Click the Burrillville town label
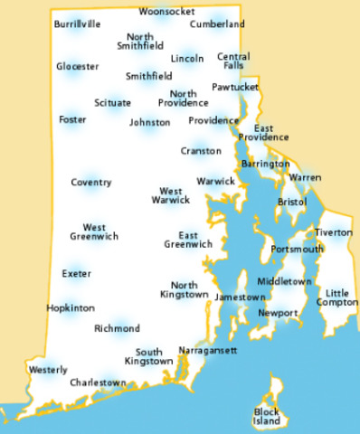click(x=77, y=24)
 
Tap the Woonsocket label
click(x=166, y=12)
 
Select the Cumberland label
click(x=218, y=24)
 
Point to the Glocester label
click(x=77, y=67)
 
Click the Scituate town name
click(x=111, y=103)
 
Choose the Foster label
click(x=72, y=119)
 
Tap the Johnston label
click(x=149, y=122)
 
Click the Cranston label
click(x=200, y=150)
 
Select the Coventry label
click(x=90, y=183)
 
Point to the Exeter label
click(x=77, y=273)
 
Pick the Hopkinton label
click(x=71, y=308)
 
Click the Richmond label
click(x=117, y=328)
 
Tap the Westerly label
click(x=48, y=370)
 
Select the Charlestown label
click(x=99, y=383)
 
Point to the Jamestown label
click(x=239, y=297)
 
